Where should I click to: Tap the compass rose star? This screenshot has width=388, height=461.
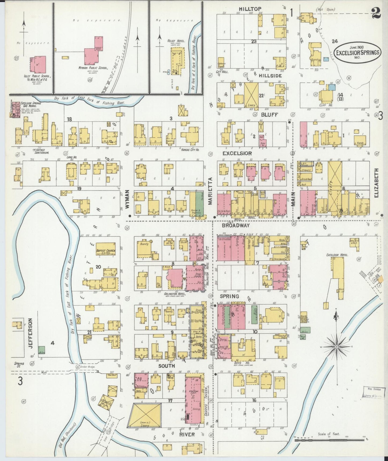coord(336,347)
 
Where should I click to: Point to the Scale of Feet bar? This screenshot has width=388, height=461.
coord(329,440)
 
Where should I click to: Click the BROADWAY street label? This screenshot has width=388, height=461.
coord(235,225)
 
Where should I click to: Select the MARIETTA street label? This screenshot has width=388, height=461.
coord(210,191)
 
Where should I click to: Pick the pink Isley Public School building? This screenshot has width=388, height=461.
coord(38,64)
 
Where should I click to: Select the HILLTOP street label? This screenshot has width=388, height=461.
coord(251,9)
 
